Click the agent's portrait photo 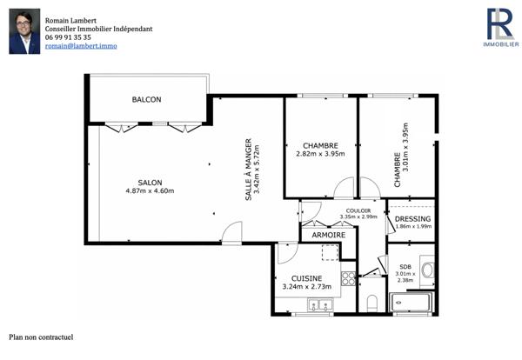click(x=24, y=32)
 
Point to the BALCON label click(x=146, y=100)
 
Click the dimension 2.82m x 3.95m click(x=320, y=155)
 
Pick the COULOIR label click(x=358, y=210)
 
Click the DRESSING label click(x=412, y=218)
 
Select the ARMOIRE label click(x=328, y=235)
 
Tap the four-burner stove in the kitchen click(x=348, y=278)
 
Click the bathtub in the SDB click(x=412, y=303)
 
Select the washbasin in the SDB click(x=427, y=270)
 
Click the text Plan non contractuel click(x=41, y=337)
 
